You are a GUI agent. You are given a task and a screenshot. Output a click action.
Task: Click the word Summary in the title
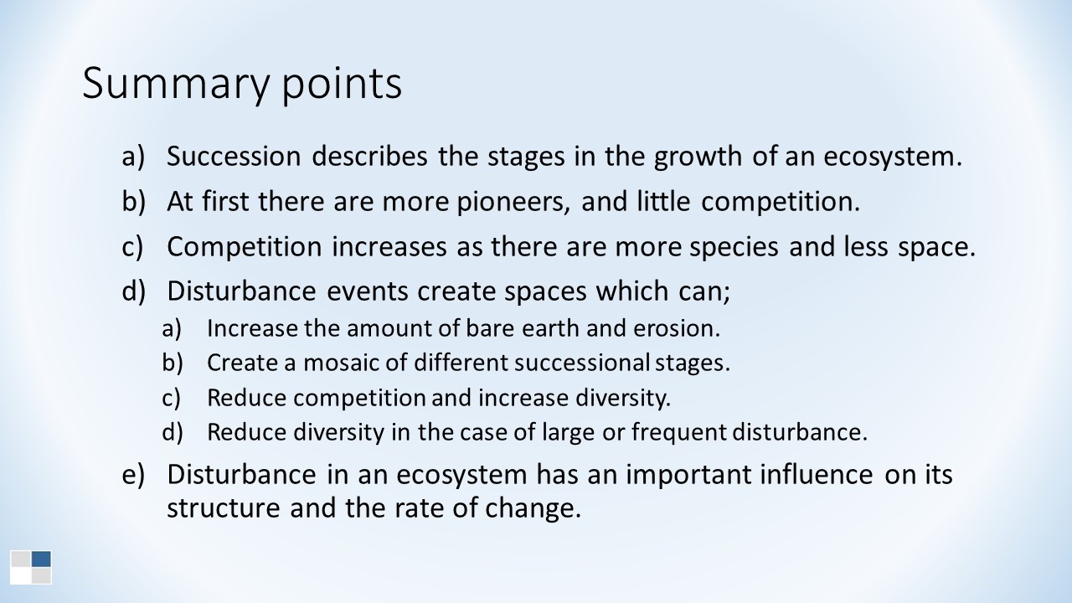(176, 85)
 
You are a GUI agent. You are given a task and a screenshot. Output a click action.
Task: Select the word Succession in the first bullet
(234, 156)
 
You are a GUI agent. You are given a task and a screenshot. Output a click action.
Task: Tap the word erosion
(677, 328)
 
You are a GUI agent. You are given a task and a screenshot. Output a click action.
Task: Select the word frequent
(678, 433)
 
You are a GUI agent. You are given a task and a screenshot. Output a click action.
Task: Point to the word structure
(223, 508)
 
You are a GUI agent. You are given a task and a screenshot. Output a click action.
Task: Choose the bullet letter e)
(132, 475)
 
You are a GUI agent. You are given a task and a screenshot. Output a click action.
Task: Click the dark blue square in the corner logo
(41, 559)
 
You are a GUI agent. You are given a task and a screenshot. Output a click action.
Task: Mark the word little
(663, 202)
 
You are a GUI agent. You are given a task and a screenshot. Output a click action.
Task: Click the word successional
(582, 363)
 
